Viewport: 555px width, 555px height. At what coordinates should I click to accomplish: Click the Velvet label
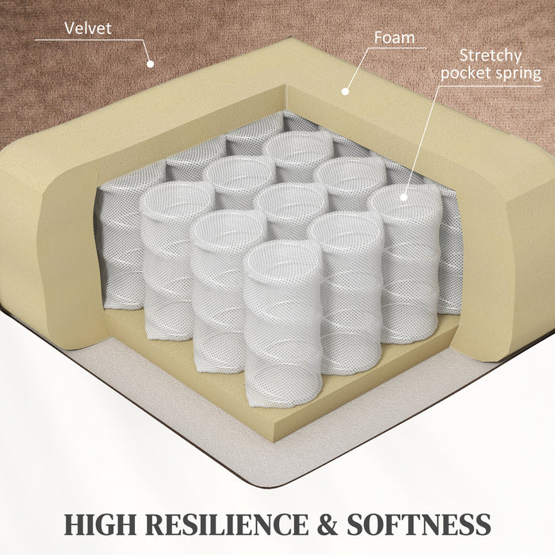coord(88,29)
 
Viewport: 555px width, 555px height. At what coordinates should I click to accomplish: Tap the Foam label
coord(394,37)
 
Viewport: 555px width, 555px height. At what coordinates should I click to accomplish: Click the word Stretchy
coord(491,56)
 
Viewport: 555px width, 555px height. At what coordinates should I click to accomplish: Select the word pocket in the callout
coord(462,73)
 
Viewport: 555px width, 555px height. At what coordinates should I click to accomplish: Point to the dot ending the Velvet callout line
coord(151,64)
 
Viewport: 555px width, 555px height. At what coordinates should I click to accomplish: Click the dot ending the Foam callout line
coord(345,91)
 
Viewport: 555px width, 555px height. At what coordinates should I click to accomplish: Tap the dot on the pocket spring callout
coord(404,197)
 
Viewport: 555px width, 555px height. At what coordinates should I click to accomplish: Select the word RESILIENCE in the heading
coord(227,525)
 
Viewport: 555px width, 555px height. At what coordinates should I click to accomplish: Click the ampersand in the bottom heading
coord(327,525)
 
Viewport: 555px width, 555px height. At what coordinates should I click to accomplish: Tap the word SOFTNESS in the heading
coord(419,525)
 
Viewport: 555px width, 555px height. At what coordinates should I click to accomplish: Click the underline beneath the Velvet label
coord(89,40)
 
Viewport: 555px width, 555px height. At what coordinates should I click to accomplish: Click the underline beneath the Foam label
coord(397,48)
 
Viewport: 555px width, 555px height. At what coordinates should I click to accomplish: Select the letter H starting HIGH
coord(75,525)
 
